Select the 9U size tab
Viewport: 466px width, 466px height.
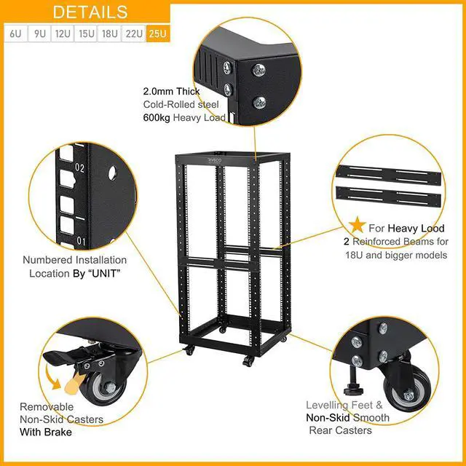pyautogui.click(x=39, y=34)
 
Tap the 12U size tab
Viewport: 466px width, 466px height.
pyautogui.click(x=63, y=34)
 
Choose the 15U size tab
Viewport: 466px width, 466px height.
pyautogui.click(x=87, y=34)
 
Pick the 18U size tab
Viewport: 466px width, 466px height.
pyautogui.click(x=110, y=34)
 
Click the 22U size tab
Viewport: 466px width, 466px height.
pyautogui.click(x=134, y=34)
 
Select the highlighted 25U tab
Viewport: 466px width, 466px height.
pyautogui.click(x=157, y=34)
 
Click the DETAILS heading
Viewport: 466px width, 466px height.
pyautogui.click(x=90, y=12)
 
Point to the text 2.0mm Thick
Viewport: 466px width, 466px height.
pyautogui.click(x=171, y=92)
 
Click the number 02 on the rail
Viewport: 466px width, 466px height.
pyautogui.click(x=80, y=168)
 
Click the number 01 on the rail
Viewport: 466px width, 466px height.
pyautogui.click(x=82, y=241)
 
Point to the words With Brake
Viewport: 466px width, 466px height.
pyautogui.click(x=45, y=432)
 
